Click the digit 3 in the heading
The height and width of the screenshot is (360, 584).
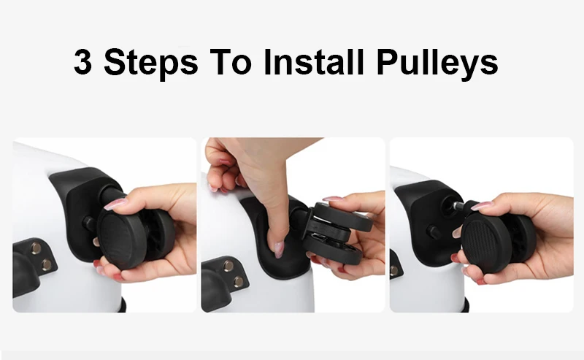click(x=82, y=61)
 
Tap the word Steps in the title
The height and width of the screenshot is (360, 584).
click(x=151, y=63)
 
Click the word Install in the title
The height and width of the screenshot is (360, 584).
click(x=314, y=61)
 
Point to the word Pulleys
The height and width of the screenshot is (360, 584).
click(x=437, y=63)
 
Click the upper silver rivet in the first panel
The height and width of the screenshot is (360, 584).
click(x=36, y=247)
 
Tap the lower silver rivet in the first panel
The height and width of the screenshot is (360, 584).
click(x=47, y=264)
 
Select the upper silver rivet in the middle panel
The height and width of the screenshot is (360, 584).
click(x=228, y=266)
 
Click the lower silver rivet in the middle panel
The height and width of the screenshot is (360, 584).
click(x=239, y=281)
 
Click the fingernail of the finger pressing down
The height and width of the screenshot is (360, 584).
click(x=278, y=249)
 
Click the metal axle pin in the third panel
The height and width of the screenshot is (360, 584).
click(x=458, y=205)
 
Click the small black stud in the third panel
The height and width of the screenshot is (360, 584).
click(x=434, y=231)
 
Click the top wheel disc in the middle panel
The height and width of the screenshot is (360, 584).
click(x=342, y=217)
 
